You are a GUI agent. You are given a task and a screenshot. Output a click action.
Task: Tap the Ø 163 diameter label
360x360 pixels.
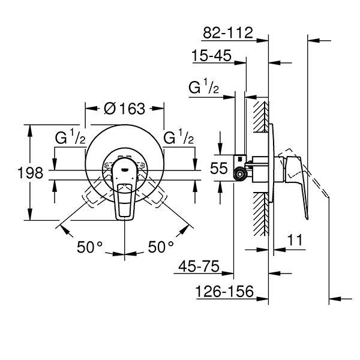click(124, 109)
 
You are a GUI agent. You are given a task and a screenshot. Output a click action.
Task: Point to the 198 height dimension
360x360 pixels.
click(31, 173)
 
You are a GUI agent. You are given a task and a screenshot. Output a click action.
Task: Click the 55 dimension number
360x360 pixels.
click(220, 169)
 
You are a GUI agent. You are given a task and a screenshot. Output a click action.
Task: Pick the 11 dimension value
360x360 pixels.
click(295, 239)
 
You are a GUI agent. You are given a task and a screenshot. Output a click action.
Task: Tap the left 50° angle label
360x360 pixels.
click(91, 246)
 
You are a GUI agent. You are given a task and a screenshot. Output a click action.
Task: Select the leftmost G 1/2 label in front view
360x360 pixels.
click(71, 137)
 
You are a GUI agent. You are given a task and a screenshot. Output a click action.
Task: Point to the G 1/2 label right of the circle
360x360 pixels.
click(179, 137)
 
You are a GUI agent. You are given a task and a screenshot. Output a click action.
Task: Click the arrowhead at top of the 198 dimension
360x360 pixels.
click(29, 127)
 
